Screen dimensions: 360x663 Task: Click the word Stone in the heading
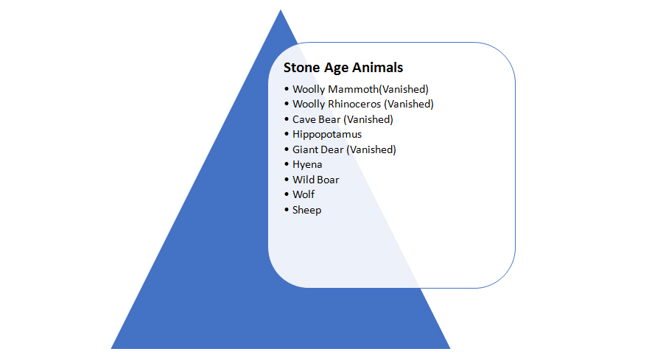302,68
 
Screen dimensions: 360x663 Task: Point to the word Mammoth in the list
350,89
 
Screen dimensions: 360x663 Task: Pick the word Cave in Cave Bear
304,119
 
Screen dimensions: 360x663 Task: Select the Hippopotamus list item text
327,134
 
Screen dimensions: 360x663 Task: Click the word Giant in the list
306,149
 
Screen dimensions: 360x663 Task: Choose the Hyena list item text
307,164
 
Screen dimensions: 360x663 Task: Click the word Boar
327,180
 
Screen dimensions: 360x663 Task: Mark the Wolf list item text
304,194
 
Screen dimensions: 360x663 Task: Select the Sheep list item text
307,210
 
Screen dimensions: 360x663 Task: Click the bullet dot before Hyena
287,164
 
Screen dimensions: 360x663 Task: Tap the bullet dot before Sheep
287,210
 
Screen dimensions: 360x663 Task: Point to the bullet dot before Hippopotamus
287,134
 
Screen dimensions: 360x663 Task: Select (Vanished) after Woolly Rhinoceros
409,104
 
